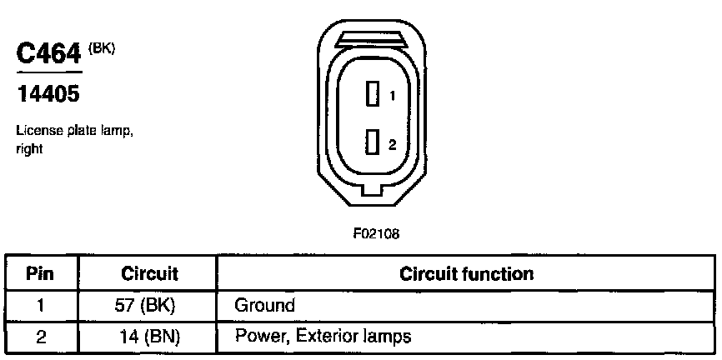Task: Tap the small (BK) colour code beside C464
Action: [x=102, y=47]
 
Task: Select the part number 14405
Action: [x=48, y=95]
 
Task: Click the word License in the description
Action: [x=34, y=132]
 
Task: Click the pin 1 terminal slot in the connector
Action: [x=373, y=95]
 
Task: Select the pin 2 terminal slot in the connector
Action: [x=373, y=143]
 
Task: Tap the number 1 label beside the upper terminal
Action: [x=392, y=97]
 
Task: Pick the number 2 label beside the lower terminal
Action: [x=392, y=144]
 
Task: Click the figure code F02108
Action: [x=376, y=235]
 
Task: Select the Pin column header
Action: [x=40, y=274]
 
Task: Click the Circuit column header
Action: [x=150, y=274]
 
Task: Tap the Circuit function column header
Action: [x=467, y=274]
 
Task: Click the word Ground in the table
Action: [x=265, y=305]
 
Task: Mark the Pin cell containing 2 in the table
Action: [x=40, y=337]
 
